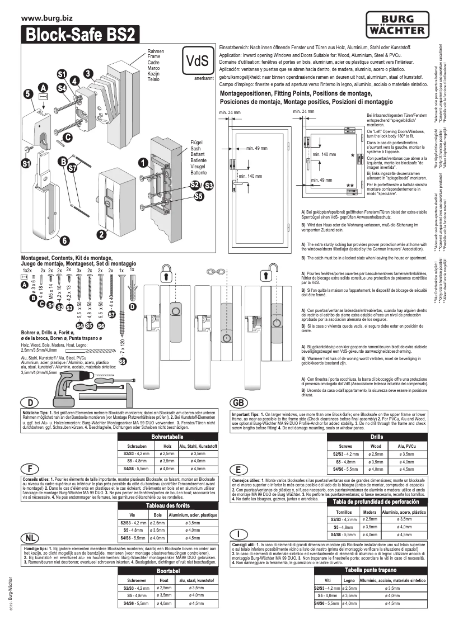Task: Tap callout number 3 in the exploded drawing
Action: point(88,73)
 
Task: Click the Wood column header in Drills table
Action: point(375,446)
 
